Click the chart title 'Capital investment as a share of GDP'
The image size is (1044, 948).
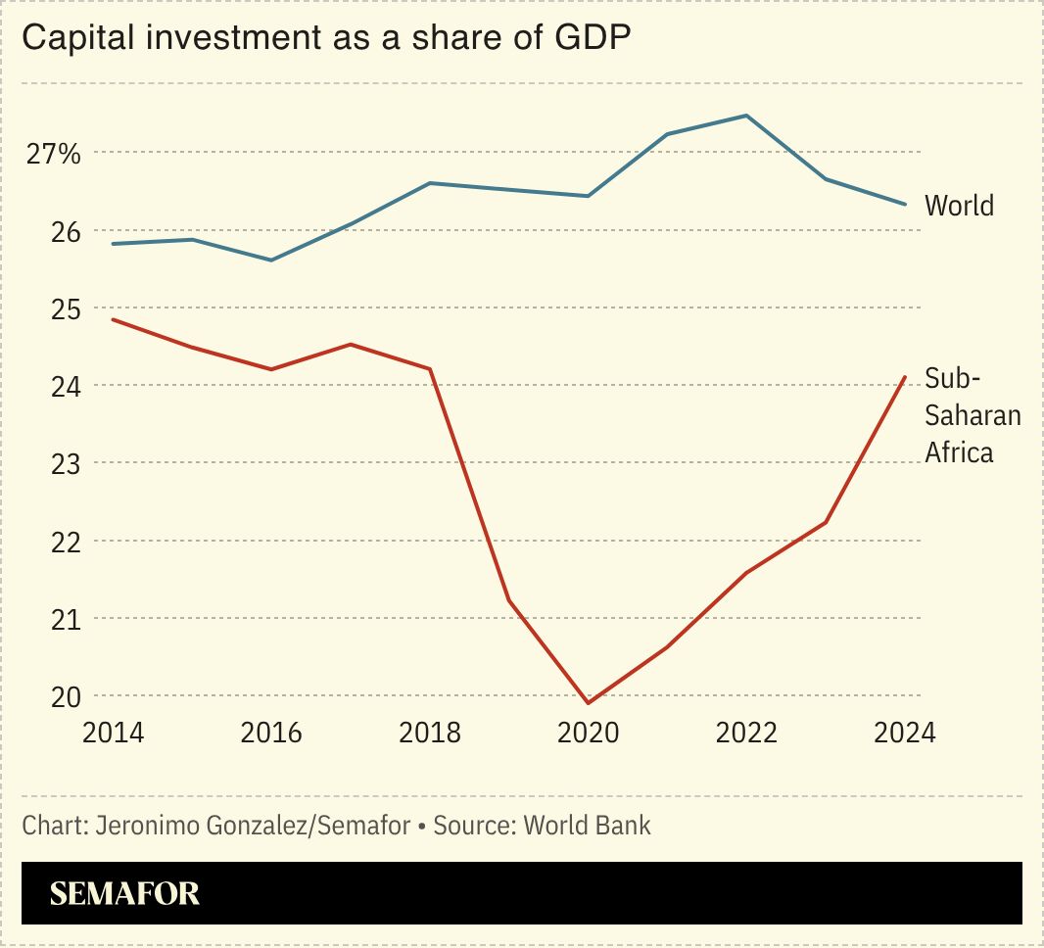326,39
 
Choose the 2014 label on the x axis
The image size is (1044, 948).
113,734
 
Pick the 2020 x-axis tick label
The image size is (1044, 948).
588,734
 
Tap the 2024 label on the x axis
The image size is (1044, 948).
904,734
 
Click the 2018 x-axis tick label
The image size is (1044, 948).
430,734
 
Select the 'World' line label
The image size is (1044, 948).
959,206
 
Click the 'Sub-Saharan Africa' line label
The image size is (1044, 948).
972,415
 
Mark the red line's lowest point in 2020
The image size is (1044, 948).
588,703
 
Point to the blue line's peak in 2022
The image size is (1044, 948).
746,116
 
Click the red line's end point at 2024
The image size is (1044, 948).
905,377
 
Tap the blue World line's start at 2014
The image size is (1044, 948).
113,244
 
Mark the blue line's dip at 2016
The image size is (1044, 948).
271,261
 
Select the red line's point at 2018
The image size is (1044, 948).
430,369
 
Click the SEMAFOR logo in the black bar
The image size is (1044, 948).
124,893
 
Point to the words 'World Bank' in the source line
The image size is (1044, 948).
587,826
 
